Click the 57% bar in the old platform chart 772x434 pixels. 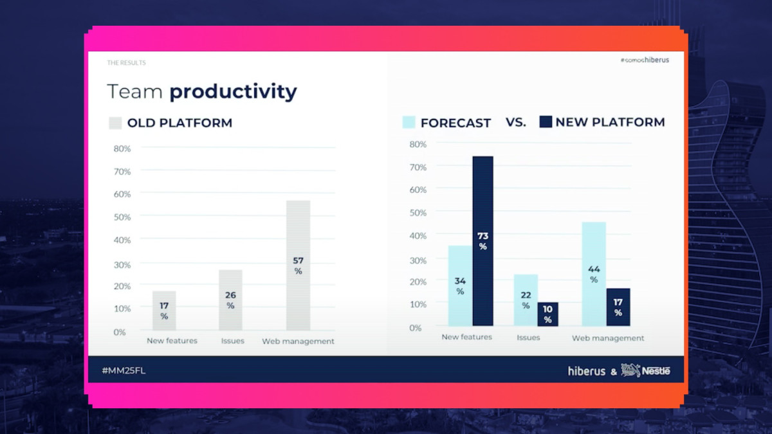298,265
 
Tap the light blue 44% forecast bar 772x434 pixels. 594,273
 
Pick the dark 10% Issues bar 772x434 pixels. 547,314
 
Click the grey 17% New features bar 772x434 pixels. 164,311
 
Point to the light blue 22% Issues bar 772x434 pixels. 526,300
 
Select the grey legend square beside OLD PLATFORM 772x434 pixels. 115,123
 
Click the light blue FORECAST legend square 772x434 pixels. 409,122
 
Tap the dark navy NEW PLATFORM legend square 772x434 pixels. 546,122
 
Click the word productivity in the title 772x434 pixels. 233,92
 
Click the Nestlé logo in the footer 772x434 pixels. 645,370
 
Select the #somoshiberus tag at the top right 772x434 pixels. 645,60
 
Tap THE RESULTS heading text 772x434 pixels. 126,63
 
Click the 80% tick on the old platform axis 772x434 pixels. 122,149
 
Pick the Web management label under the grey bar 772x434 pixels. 298,341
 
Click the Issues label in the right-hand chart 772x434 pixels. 528,338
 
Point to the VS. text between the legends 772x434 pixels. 516,122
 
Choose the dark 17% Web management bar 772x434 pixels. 618,307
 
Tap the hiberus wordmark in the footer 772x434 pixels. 586,371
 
